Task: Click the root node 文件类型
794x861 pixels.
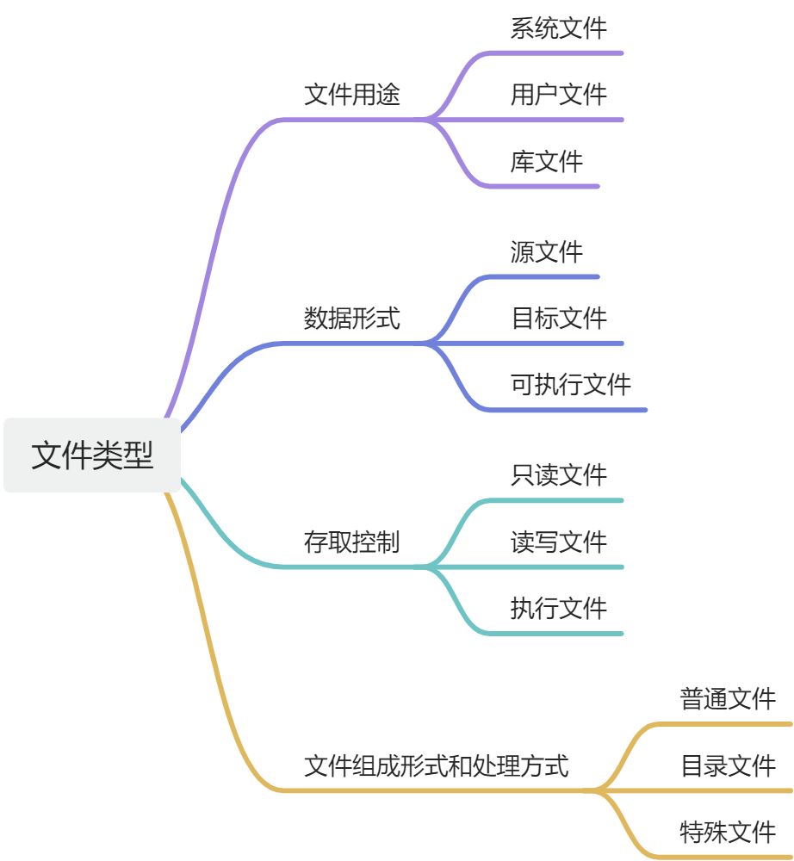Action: click(92, 455)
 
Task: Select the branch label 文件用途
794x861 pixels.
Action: click(352, 94)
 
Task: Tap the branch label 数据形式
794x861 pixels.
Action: click(352, 318)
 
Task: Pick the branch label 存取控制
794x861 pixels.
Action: click(352, 542)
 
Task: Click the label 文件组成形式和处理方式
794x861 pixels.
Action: click(437, 765)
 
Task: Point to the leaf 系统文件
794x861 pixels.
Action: click(559, 28)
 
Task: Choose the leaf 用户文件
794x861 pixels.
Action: click(559, 94)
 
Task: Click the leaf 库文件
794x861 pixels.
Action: click(547, 161)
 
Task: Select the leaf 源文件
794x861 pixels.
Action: click(547, 251)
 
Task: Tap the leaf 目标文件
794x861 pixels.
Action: click(559, 318)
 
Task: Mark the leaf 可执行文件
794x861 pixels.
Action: click(571, 384)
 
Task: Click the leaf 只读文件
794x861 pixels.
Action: click(559, 474)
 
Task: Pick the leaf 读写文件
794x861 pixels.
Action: click(559, 542)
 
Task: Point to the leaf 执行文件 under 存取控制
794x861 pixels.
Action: click(559, 608)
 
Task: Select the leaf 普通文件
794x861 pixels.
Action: click(729, 698)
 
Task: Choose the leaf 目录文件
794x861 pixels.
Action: click(729, 765)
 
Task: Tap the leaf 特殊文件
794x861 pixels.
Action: click(729, 832)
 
